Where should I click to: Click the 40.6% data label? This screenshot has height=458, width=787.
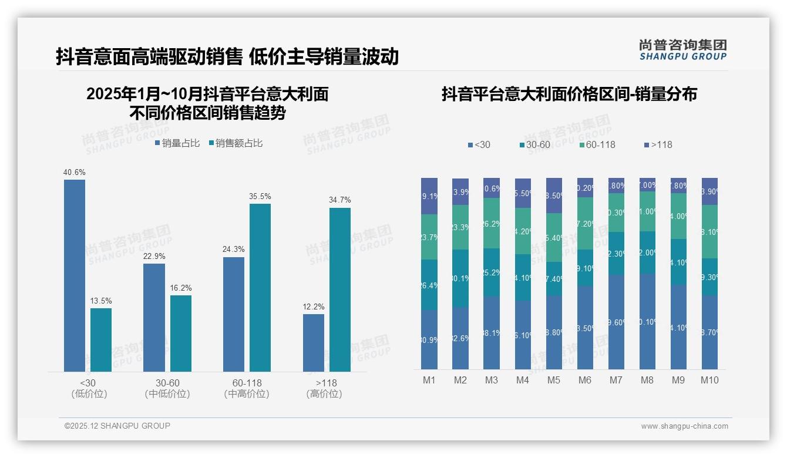point(75,173)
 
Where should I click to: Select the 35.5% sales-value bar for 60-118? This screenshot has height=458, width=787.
point(260,287)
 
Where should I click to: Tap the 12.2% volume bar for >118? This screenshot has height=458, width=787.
point(314,342)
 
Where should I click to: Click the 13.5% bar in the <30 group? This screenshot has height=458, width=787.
point(101,339)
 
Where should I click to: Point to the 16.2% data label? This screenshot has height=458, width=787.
point(181,288)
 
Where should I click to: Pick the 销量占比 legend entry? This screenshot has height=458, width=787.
point(177,143)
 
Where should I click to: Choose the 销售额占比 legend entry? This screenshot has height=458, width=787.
point(236,143)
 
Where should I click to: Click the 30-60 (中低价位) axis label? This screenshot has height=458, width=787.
point(167,388)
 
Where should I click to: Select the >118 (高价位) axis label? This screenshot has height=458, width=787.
point(324,388)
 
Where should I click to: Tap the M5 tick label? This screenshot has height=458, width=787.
point(554,380)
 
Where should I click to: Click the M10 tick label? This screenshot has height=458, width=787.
point(709,380)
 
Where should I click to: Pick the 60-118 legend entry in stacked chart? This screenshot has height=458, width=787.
point(597,144)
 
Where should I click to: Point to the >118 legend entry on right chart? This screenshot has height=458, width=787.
point(658,144)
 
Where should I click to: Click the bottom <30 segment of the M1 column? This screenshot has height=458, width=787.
point(429,339)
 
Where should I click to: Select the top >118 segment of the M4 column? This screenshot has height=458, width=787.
point(523,193)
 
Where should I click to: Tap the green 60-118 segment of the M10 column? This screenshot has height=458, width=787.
point(709,231)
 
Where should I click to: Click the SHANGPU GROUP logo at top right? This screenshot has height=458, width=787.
point(682,50)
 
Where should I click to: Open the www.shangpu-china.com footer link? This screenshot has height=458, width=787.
point(684,426)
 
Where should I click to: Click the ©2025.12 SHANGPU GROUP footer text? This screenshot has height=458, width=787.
point(117,426)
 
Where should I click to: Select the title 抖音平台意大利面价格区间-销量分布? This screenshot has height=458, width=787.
point(569,95)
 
